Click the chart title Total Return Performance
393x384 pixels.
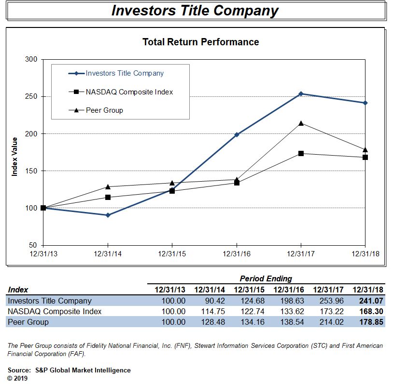(200, 42)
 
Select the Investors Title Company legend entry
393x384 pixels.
(125, 73)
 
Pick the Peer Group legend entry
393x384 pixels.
(104, 110)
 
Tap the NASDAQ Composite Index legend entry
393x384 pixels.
(129, 92)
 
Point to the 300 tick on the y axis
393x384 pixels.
(31, 59)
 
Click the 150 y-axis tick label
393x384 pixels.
(31, 171)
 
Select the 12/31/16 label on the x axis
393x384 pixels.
(237, 253)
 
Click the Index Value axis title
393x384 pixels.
(14, 157)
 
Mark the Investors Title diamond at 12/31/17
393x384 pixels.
(301, 94)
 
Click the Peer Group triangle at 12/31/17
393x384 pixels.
(301, 123)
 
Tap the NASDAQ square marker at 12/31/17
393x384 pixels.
(301, 153)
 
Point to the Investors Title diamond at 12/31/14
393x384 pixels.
(108, 215)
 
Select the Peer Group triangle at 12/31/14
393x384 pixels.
(108, 186)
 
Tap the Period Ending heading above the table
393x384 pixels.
(266, 278)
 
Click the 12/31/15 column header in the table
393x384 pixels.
(249, 290)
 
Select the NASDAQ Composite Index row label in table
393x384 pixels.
(55, 311)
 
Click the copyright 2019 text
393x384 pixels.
(18, 378)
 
